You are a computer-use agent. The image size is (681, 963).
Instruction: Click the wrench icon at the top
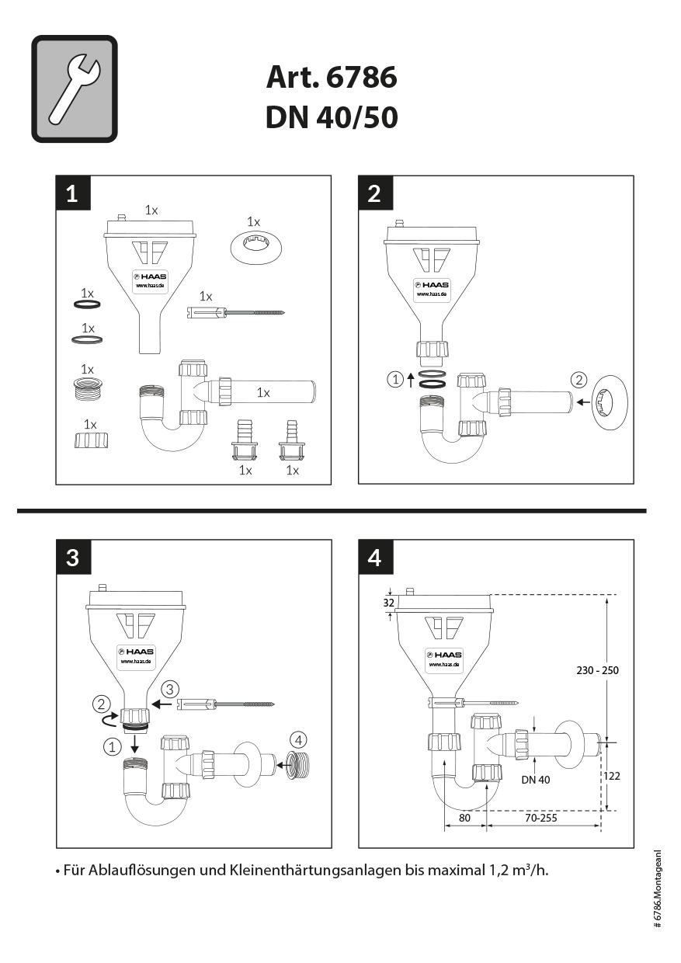click(x=75, y=89)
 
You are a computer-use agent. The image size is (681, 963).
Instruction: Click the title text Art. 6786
click(x=332, y=78)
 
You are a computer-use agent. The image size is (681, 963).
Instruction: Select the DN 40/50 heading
click(x=332, y=117)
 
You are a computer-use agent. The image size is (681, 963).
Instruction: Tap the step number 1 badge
click(x=72, y=193)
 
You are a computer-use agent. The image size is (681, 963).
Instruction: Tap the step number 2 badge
click(x=374, y=193)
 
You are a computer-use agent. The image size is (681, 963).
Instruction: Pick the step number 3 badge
click(x=72, y=557)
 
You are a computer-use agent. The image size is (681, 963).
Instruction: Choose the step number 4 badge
click(x=374, y=557)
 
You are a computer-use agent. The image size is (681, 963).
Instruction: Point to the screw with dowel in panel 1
click(x=237, y=312)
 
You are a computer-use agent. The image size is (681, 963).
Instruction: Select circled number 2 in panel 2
click(x=578, y=380)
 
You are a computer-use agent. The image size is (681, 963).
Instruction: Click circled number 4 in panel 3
click(x=297, y=739)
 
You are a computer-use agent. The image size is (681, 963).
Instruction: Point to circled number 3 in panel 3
click(x=171, y=688)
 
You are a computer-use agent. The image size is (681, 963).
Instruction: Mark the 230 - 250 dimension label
click(x=597, y=670)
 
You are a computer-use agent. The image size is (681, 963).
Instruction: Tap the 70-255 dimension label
click(x=540, y=818)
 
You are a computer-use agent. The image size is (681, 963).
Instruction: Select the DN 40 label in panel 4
click(x=536, y=779)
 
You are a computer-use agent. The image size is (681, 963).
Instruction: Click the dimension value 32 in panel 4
click(x=389, y=602)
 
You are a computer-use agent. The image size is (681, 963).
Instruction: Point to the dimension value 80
click(x=464, y=818)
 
